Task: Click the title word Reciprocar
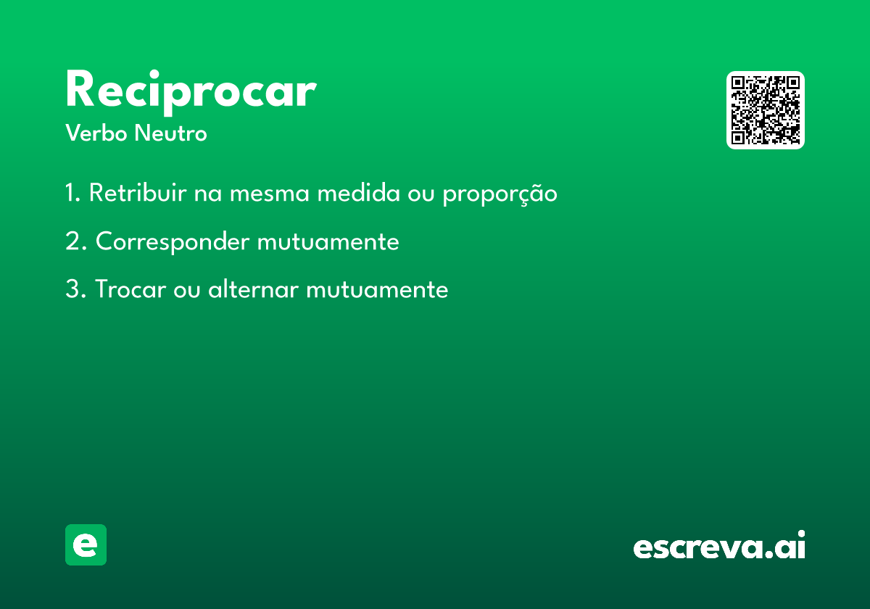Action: pyautogui.click(x=191, y=93)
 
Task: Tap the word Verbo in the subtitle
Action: pyautogui.click(x=96, y=133)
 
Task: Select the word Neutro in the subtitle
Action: pyautogui.click(x=170, y=133)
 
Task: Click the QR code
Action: pyautogui.click(x=765, y=110)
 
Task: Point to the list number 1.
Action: pyautogui.click(x=72, y=192)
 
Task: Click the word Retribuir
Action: pyautogui.click(x=138, y=192)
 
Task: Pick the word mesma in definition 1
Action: pyautogui.click(x=270, y=193)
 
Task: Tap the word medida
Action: pyautogui.click(x=358, y=192)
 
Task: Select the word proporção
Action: pyautogui.click(x=500, y=194)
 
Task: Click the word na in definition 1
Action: pyautogui.click(x=208, y=194)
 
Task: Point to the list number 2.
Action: pyautogui.click(x=75, y=241)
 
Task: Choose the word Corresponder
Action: pyautogui.click(x=173, y=242)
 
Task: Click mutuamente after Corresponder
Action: pyautogui.click(x=328, y=241)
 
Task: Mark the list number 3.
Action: pyautogui.click(x=75, y=289)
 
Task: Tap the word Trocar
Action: pyautogui.click(x=130, y=289)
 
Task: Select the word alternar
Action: pyautogui.click(x=254, y=289)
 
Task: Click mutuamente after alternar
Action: pyautogui.click(x=377, y=289)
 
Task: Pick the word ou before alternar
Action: pyautogui.click(x=187, y=290)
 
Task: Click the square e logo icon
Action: pyautogui.click(x=86, y=544)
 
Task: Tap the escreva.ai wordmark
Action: pyautogui.click(x=719, y=544)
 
